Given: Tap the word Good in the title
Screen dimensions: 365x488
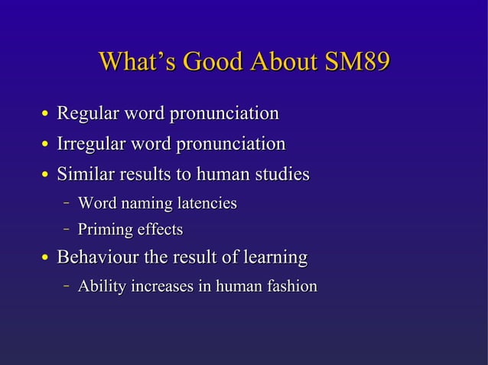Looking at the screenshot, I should point(197,62).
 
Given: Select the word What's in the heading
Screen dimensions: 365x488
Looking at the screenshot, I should point(132,62).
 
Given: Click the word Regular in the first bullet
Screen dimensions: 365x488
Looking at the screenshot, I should point(85,115).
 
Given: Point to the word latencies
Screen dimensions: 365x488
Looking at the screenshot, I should point(207,204).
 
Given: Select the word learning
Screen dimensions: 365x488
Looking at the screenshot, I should point(273,258).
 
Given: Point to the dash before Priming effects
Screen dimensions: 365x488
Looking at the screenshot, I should point(67,229).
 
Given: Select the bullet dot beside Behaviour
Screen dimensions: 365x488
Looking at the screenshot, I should point(46,260).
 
